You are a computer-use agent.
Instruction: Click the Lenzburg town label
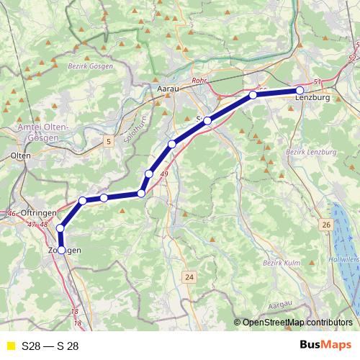[x=314, y=98]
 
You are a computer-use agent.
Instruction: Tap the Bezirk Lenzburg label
[x=311, y=153]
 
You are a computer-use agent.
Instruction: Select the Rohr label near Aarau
[x=199, y=82]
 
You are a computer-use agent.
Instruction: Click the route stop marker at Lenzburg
[x=300, y=91]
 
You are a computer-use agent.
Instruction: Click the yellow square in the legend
[x=10, y=346]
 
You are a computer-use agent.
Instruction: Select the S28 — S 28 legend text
[x=50, y=346]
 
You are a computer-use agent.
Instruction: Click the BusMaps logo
[x=325, y=346]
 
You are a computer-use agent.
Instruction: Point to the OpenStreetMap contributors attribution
[x=296, y=323]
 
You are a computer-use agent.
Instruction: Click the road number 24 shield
[x=189, y=277]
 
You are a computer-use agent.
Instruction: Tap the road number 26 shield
[x=326, y=225]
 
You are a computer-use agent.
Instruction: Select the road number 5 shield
[x=109, y=142]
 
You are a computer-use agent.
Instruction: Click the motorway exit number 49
[x=165, y=174]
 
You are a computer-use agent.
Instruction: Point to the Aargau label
[x=280, y=306]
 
